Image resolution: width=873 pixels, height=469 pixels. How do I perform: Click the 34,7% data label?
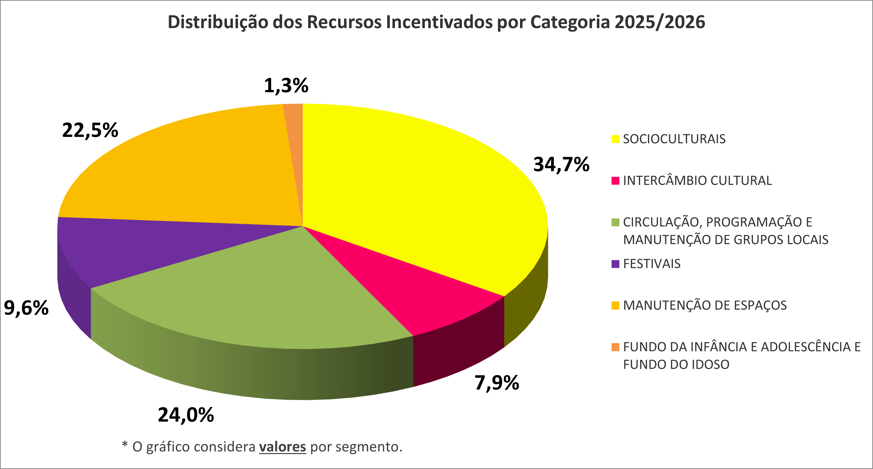pos(561,165)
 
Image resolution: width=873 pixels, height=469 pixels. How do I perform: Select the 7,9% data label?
pos(496,383)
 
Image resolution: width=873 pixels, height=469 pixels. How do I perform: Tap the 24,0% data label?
pos(186,415)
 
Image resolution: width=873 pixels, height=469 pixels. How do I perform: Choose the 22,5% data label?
pos(90,130)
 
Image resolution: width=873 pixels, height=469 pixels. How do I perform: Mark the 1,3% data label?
pos(286,85)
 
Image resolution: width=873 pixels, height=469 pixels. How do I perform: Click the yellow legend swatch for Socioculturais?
pos(615,139)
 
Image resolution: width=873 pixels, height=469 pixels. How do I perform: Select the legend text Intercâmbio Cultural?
pos(697,180)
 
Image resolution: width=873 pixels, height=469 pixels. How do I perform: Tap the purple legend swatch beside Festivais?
pos(615,264)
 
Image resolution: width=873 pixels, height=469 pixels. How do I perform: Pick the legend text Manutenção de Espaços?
pos(705,305)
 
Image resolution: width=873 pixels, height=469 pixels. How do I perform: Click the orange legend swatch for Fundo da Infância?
pos(615,347)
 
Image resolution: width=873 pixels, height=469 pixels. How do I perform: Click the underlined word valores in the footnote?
pos(283,447)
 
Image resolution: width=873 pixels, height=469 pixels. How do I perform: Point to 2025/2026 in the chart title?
pos(660,22)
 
